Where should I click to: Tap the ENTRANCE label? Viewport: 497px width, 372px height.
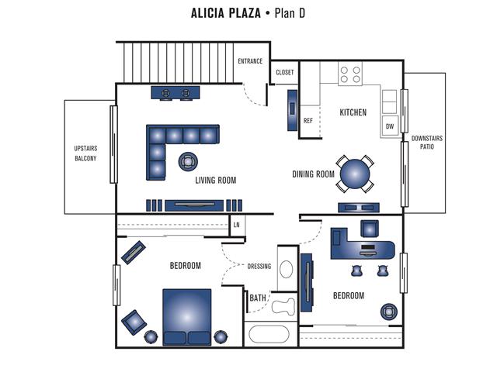tap(250, 61)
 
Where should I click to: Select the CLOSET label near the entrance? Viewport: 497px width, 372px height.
tap(285, 72)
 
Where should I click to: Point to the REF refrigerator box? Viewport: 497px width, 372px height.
tap(308, 121)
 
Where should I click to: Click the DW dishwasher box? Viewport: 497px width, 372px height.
tap(389, 126)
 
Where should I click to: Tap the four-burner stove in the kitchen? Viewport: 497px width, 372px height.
tap(351, 74)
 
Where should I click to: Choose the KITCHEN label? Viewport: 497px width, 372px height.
tap(353, 112)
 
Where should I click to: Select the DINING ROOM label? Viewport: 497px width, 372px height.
tap(313, 174)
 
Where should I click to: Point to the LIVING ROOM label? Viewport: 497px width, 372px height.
tap(215, 180)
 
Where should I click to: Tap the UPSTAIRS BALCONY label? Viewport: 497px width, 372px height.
tap(85, 153)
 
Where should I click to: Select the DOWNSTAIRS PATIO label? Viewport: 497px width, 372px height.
tap(426, 143)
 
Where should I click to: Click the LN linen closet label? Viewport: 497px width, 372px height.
tap(236, 225)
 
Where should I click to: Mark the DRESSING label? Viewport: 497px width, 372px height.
tap(259, 267)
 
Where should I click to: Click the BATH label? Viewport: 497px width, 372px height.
tap(258, 298)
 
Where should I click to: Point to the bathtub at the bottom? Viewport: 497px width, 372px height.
tap(269, 335)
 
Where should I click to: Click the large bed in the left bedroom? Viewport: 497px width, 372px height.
tap(186, 314)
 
